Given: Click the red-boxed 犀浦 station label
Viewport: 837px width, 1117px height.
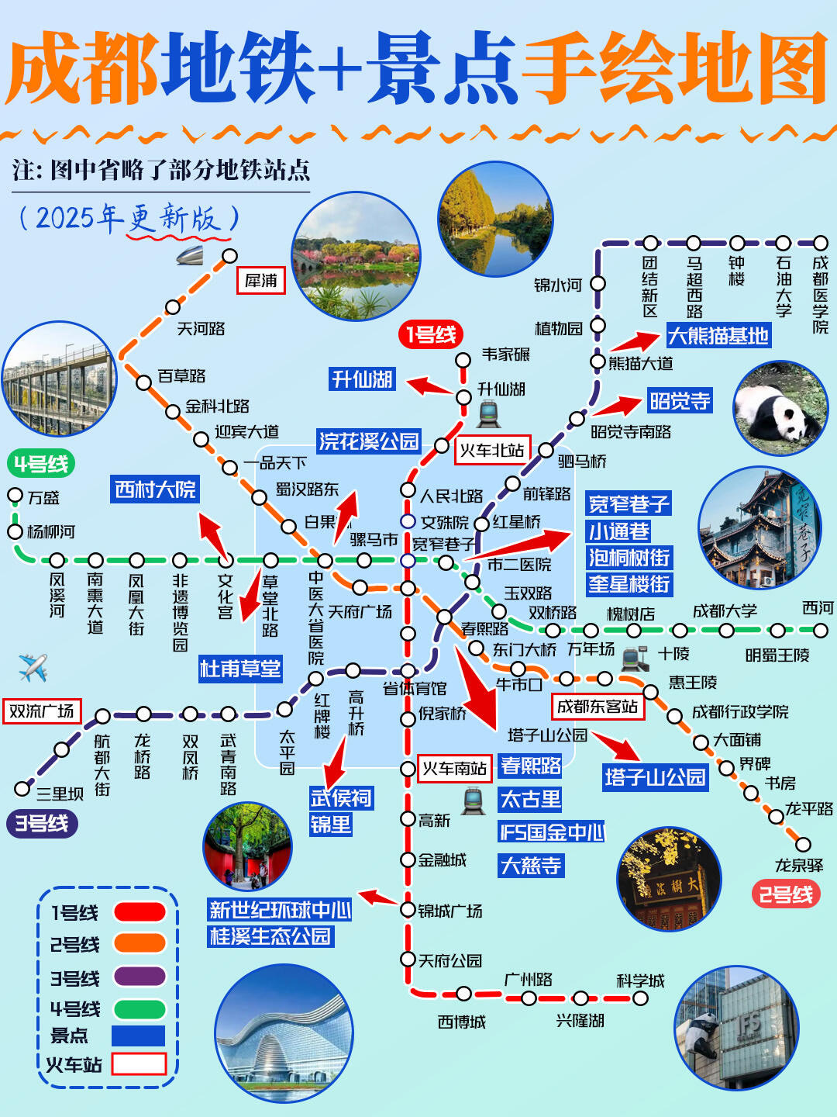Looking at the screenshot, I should pyautogui.click(x=261, y=281).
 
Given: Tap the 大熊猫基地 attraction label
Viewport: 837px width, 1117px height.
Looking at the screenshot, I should pyautogui.click(x=718, y=336).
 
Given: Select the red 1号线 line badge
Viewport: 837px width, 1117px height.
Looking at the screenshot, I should pyautogui.click(x=431, y=335).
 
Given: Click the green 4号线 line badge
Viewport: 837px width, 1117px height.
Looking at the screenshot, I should pyautogui.click(x=42, y=464).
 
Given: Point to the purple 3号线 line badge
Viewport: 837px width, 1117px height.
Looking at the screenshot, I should pyautogui.click(x=42, y=823).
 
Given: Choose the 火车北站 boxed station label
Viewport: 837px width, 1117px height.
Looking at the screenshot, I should pyautogui.click(x=492, y=450).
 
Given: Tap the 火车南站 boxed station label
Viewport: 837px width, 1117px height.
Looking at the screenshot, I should pyautogui.click(x=454, y=769).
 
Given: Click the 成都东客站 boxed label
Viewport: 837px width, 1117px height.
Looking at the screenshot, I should pyautogui.click(x=598, y=707).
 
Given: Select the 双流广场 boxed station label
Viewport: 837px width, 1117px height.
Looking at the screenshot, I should pyautogui.click(x=42, y=711).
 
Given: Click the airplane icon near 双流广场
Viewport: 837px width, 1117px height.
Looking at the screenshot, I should pyautogui.click(x=33, y=667).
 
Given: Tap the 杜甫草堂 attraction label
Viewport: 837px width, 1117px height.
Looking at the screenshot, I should pyautogui.click(x=240, y=668).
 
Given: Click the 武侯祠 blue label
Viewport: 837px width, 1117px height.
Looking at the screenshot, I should pyautogui.click(x=341, y=797).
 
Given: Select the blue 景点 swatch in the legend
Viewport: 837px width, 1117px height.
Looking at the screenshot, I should pyautogui.click(x=138, y=1036).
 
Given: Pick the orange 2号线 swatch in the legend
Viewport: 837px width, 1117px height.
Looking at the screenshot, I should pyautogui.click(x=139, y=943).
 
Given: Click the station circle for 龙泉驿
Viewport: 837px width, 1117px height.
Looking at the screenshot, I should pyautogui.click(x=804, y=844).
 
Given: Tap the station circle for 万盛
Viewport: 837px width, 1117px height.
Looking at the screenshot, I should pyautogui.click(x=15, y=495).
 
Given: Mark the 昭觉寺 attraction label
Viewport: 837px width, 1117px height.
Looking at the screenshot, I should pyautogui.click(x=680, y=401).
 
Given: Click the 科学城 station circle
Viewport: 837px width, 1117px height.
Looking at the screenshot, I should pyautogui.click(x=641, y=998).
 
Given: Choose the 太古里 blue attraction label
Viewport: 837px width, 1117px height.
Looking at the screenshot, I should pyautogui.click(x=531, y=799).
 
